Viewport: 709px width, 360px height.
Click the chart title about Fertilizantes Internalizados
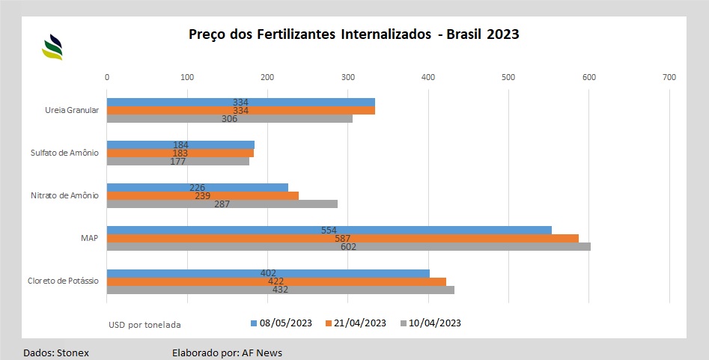pos(353,34)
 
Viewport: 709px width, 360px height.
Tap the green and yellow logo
pos(52,46)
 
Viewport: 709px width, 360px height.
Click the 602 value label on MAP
pos(348,247)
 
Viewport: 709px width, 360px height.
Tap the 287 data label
pos(222,204)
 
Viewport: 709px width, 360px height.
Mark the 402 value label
pos(269,273)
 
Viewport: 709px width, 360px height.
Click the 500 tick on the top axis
pos(508,77)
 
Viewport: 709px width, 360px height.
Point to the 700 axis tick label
pos(669,77)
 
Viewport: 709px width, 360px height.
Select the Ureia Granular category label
pos(72,110)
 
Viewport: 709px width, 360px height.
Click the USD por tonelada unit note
pos(144,325)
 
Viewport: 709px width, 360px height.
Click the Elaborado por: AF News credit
pos(227,352)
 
